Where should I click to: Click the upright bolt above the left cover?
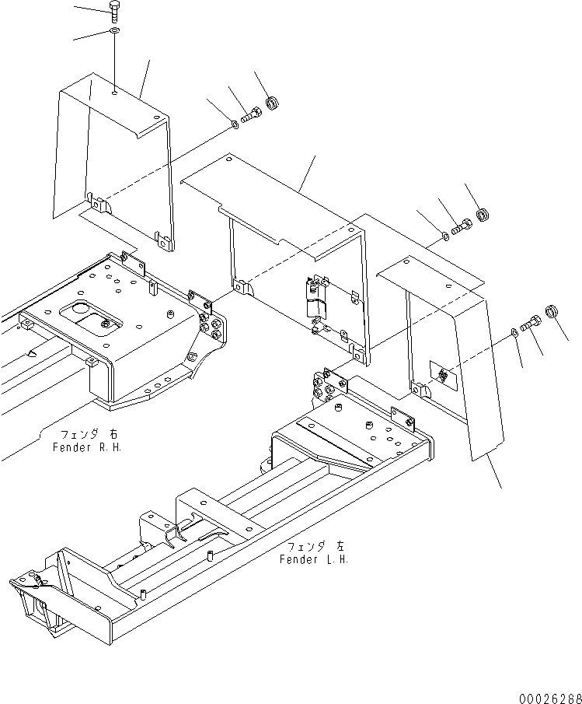point(114,12)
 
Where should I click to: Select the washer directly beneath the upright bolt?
point(114,32)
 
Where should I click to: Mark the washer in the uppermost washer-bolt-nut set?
point(235,124)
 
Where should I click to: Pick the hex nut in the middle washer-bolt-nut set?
point(481,213)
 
